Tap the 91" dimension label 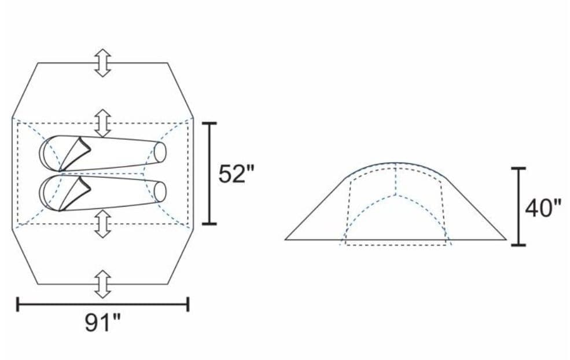click(x=103, y=322)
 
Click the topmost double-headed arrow click(x=103, y=63)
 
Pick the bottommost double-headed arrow click(x=103, y=284)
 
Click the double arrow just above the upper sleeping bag click(x=103, y=123)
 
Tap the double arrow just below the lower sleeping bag click(x=103, y=223)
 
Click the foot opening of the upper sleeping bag click(x=160, y=152)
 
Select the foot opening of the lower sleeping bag click(x=160, y=192)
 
